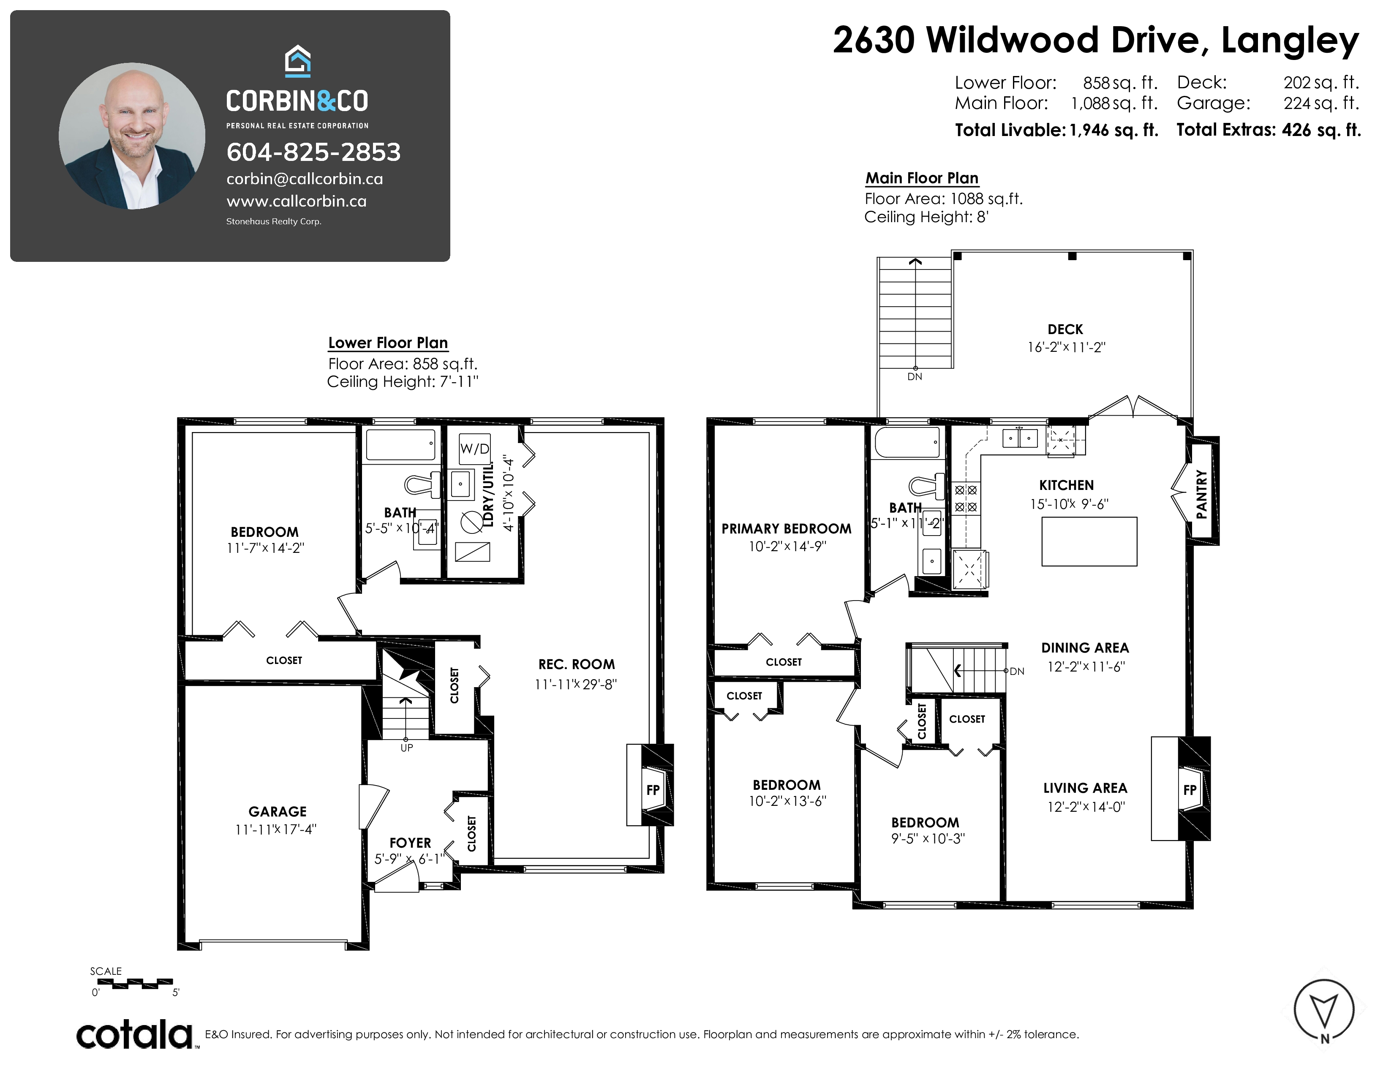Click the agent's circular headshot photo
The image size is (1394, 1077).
132,136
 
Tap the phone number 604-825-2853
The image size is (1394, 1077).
313,152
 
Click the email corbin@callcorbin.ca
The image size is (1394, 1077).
305,179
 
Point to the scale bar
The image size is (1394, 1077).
134,983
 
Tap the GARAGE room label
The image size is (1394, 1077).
277,812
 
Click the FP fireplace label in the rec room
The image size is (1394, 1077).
652,790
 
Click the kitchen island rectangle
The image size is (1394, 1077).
1089,542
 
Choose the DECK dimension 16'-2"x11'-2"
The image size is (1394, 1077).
1066,348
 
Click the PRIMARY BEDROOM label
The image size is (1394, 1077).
787,529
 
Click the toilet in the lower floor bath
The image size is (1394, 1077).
422,485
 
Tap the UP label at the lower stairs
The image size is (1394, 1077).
406,748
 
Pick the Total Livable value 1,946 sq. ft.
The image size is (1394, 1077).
1114,130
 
